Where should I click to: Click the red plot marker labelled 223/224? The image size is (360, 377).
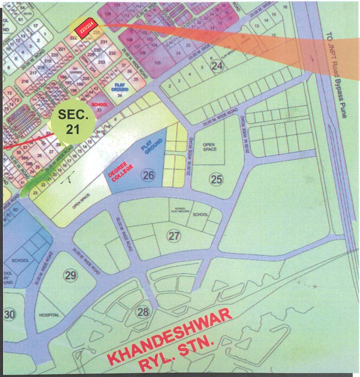87,28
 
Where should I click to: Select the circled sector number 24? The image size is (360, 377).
217,66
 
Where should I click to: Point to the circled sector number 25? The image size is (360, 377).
216,179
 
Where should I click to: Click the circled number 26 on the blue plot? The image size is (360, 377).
148,175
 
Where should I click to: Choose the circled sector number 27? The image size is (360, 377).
174,236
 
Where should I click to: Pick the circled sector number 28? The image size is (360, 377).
143,312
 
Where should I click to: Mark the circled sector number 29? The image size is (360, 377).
70,275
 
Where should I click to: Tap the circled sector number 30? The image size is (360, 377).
9,315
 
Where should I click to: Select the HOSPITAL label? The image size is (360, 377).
49,315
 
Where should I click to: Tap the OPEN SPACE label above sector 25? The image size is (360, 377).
210,147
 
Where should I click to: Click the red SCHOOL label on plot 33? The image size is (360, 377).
100,105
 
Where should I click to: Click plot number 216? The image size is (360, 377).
25,82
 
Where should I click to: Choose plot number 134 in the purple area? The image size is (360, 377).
108,14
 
